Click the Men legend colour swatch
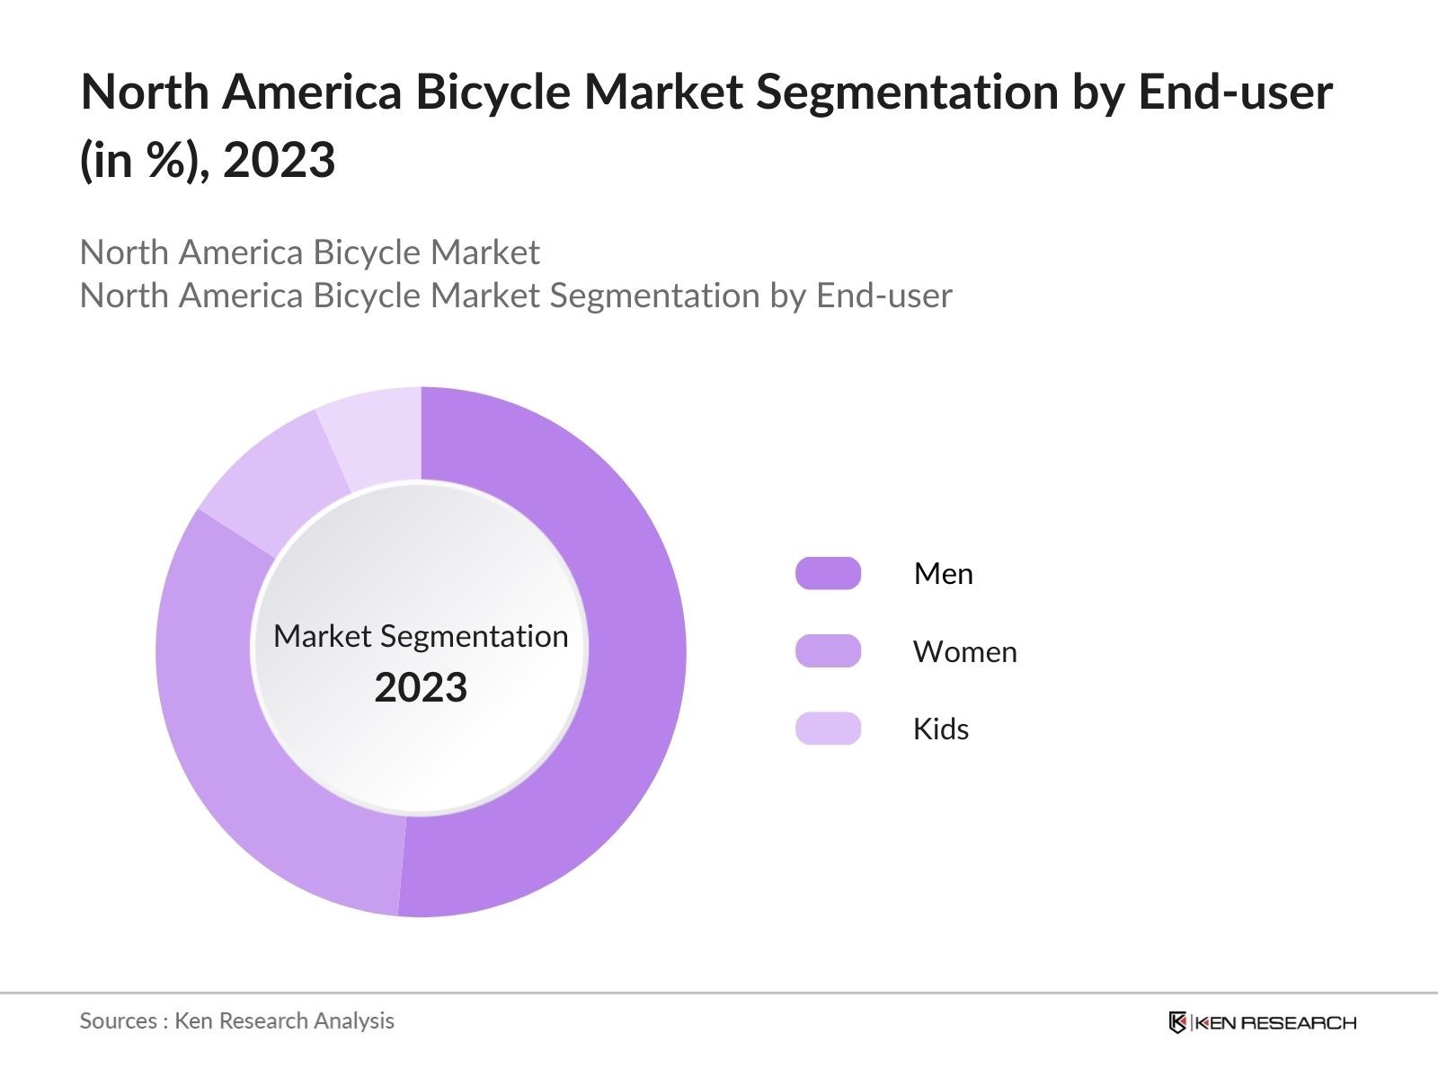pos(828,573)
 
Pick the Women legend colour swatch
pos(828,651)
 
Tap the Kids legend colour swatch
pos(828,729)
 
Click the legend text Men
pos(943,573)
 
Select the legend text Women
pos(964,651)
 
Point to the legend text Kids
pos(940,729)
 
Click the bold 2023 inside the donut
pos(421,687)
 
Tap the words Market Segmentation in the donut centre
pos(421,636)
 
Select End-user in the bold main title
pos(1235,92)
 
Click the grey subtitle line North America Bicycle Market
pos(309,252)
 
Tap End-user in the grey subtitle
pos(883,296)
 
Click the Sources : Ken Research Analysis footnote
pos(236,1021)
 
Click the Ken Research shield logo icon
pos(1177,1022)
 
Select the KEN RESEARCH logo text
pos(1276,1022)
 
